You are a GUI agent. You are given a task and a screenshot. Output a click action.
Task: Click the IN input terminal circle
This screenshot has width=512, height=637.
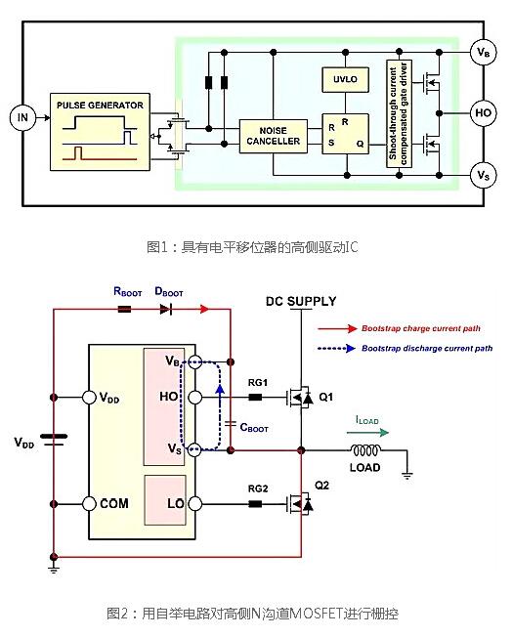click(x=21, y=118)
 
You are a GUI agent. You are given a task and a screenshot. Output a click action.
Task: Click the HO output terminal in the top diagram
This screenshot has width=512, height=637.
click(x=482, y=112)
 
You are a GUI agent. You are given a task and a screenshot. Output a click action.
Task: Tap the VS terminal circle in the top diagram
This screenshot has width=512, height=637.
click(x=482, y=175)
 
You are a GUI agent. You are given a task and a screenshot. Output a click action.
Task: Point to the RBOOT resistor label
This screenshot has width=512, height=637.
click(x=129, y=290)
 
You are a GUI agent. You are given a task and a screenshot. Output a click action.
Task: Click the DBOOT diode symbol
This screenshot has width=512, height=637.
click(x=166, y=310)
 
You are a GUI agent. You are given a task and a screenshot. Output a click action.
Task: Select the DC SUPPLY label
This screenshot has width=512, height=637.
click(x=301, y=300)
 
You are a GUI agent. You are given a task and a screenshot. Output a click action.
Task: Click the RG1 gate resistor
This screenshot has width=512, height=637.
click(x=256, y=398)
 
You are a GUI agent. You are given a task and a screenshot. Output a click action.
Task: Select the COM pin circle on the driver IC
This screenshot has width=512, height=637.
click(x=90, y=503)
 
